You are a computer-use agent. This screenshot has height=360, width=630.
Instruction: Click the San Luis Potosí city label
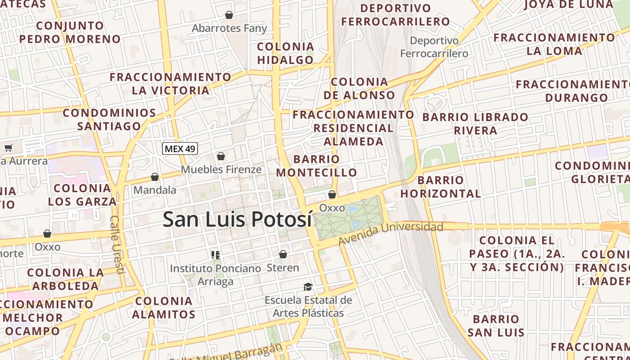click(237, 219)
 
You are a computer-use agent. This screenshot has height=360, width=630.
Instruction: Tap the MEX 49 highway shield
click(180, 148)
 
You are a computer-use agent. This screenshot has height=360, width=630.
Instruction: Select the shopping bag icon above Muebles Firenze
click(220, 156)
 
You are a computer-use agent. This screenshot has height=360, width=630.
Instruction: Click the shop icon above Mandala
click(155, 177)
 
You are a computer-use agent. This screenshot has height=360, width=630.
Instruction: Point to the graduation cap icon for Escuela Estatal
click(308, 287)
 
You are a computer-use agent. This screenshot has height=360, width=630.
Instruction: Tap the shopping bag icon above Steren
click(283, 254)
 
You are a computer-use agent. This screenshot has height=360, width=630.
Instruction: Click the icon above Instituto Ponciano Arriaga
click(216, 255)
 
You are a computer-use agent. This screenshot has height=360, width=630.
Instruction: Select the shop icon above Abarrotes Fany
click(229, 15)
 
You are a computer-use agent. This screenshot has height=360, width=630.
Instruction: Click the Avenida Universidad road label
click(391, 233)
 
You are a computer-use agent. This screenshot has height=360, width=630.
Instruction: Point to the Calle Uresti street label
click(117, 245)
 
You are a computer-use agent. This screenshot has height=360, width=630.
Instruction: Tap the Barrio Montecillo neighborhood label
click(316, 166)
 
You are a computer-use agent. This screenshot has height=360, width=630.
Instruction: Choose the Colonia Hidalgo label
click(285, 53)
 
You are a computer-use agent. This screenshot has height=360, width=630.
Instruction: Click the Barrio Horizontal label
click(441, 187)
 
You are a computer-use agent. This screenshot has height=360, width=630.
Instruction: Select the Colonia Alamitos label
click(164, 307)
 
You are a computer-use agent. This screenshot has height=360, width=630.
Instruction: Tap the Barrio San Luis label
click(496, 326)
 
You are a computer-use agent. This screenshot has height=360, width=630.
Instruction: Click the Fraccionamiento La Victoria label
click(171, 84)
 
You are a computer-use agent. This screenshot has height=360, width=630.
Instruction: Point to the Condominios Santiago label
click(109, 119)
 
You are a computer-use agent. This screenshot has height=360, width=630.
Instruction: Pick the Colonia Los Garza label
click(82, 194)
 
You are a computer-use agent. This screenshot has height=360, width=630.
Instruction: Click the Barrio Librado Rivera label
click(475, 124)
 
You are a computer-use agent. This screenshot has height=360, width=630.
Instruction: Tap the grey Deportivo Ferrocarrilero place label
click(434, 47)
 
